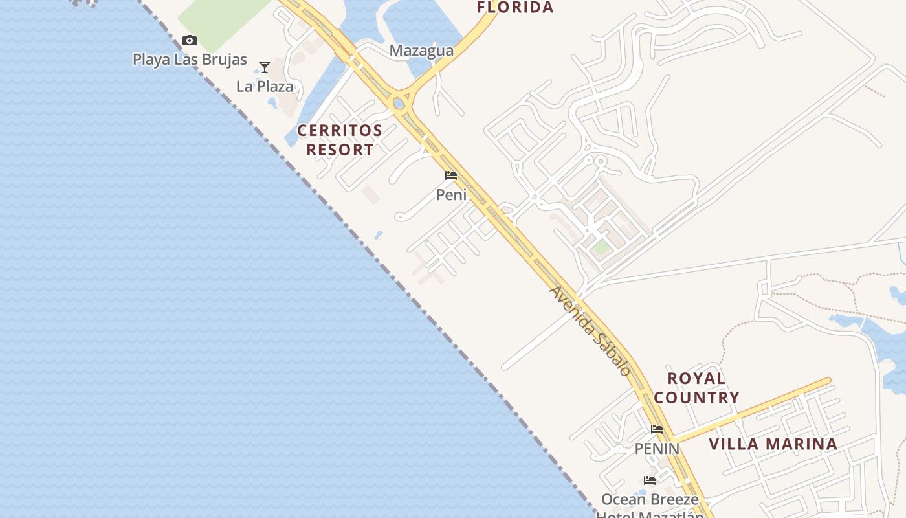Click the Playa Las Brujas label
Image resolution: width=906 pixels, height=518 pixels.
point(190,60)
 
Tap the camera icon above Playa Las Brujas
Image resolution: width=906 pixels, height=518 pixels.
point(189,41)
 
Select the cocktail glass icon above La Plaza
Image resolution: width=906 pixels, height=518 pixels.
point(264,67)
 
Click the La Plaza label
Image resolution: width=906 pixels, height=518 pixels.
point(265,86)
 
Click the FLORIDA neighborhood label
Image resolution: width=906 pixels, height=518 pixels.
point(515,8)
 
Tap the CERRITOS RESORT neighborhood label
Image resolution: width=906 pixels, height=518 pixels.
point(340,140)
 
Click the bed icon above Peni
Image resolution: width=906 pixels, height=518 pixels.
point(451,175)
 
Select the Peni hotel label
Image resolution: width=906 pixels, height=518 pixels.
point(451,194)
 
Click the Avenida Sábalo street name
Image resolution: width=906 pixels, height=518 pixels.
point(590,331)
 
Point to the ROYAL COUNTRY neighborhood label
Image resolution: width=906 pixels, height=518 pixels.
point(696,388)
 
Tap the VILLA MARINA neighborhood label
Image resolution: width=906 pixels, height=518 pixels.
point(773,444)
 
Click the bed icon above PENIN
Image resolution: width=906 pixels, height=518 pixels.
point(657,429)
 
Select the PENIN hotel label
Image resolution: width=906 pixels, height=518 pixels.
point(657,448)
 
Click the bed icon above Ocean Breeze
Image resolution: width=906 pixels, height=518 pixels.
point(650,480)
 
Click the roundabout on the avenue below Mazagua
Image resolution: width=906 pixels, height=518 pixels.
point(399,103)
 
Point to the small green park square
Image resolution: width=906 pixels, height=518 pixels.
point(601,247)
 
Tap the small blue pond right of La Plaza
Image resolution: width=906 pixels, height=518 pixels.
point(272,102)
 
